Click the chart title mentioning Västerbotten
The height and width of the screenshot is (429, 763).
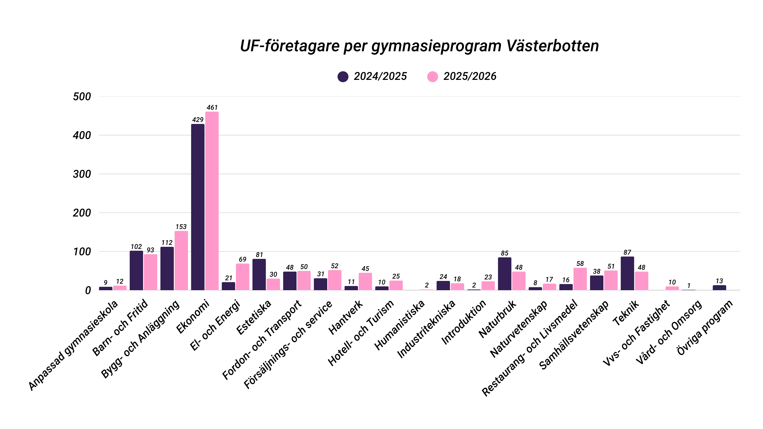coord(419,46)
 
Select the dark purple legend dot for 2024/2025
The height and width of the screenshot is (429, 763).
coord(343,77)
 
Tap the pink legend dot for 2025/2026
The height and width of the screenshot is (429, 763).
coord(432,77)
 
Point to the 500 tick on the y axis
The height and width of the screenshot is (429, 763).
coord(82,97)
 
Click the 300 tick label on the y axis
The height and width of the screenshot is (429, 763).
coord(82,174)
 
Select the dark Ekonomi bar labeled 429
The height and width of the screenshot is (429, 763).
coord(198,207)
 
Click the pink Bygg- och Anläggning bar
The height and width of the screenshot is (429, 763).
coord(181,261)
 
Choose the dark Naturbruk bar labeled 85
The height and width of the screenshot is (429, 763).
coord(504,274)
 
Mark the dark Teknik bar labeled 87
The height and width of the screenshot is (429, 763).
coord(627,274)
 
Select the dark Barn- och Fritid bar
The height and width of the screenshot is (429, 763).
coord(136,271)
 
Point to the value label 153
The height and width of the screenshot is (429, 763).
coord(181,227)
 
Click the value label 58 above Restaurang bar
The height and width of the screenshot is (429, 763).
coord(580,264)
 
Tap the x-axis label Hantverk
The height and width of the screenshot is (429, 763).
coord(346,317)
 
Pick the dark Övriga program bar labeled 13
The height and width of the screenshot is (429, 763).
coord(719,288)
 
